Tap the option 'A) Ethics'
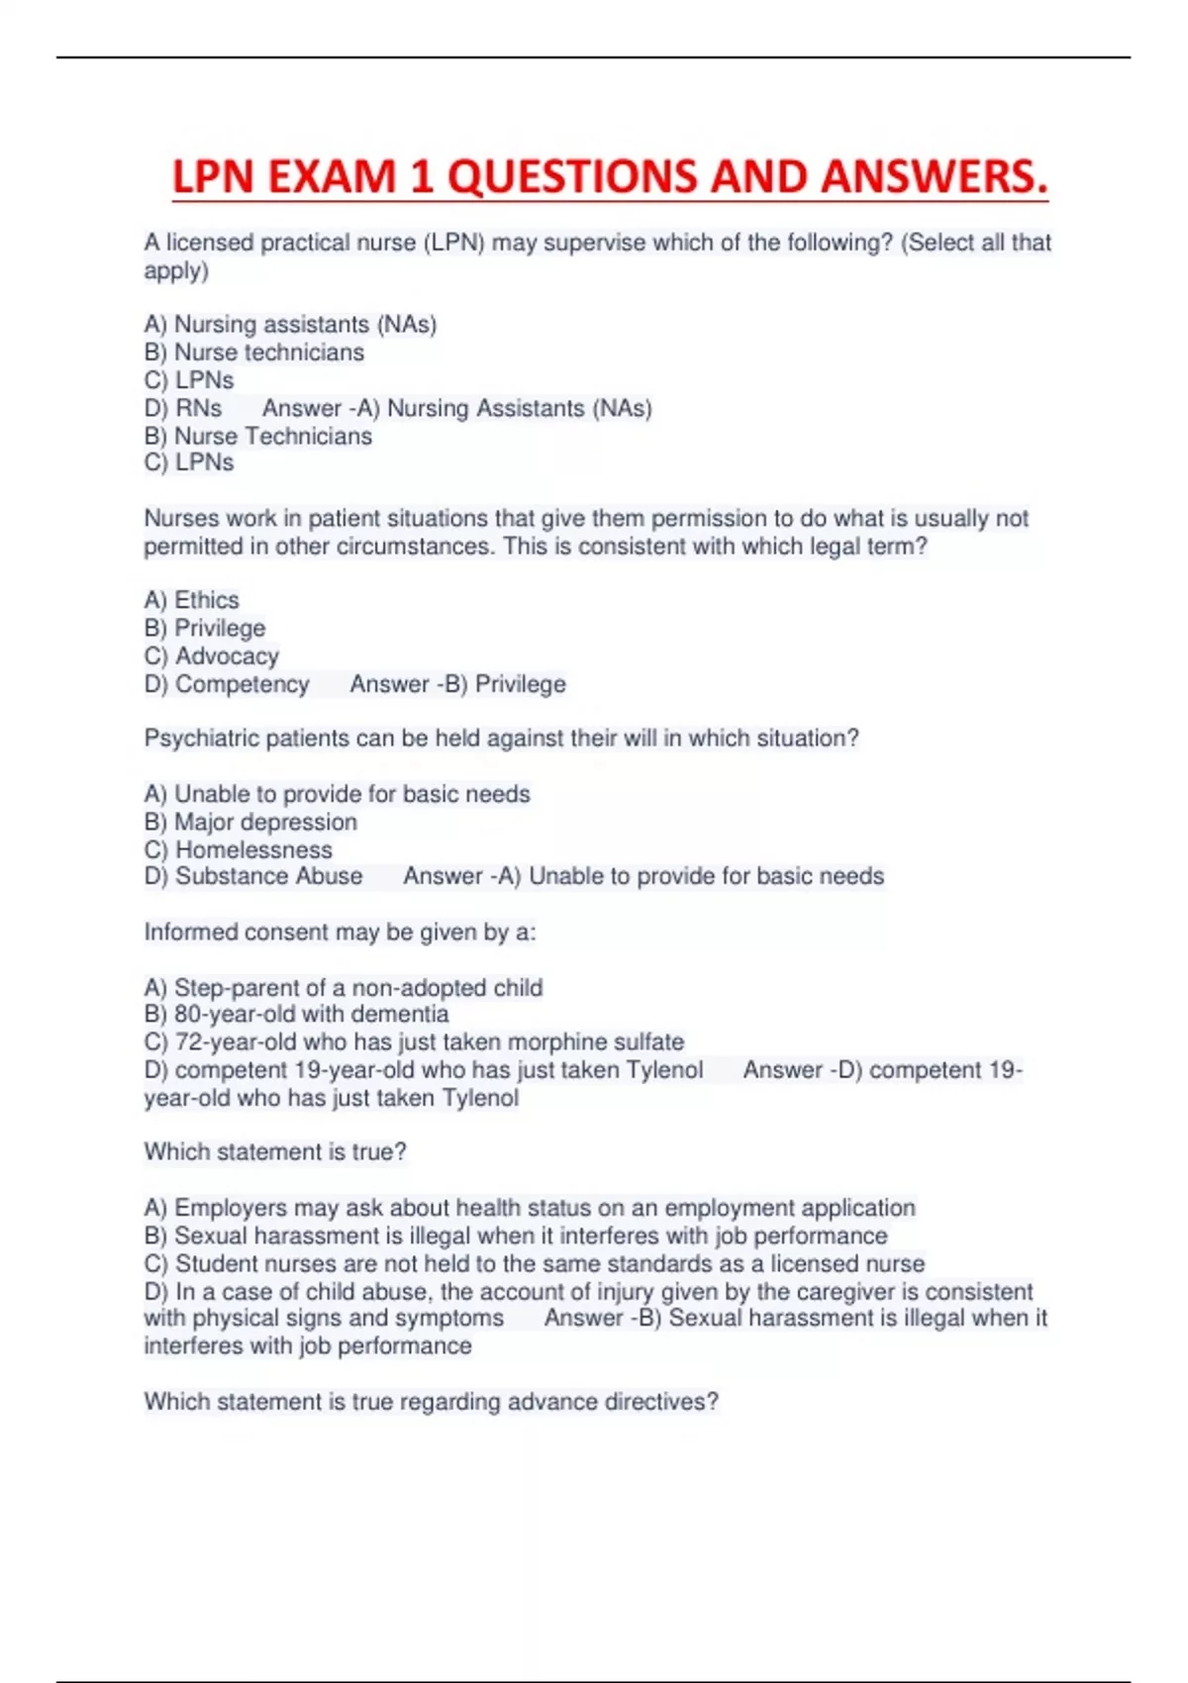(x=191, y=600)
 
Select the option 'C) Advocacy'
(x=211, y=656)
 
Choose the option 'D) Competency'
(x=226, y=684)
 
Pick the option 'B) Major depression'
(x=250, y=822)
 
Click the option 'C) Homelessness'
(x=238, y=849)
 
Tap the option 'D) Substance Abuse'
(x=252, y=876)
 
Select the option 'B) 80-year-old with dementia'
(x=296, y=1014)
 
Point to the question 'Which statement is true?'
(x=275, y=1151)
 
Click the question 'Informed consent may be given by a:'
(x=340, y=932)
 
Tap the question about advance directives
(x=431, y=1401)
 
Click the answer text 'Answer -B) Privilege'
(x=457, y=684)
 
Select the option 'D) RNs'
(x=182, y=408)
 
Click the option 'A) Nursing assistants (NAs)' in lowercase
(x=290, y=325)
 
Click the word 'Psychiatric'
(x=196, y=739)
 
